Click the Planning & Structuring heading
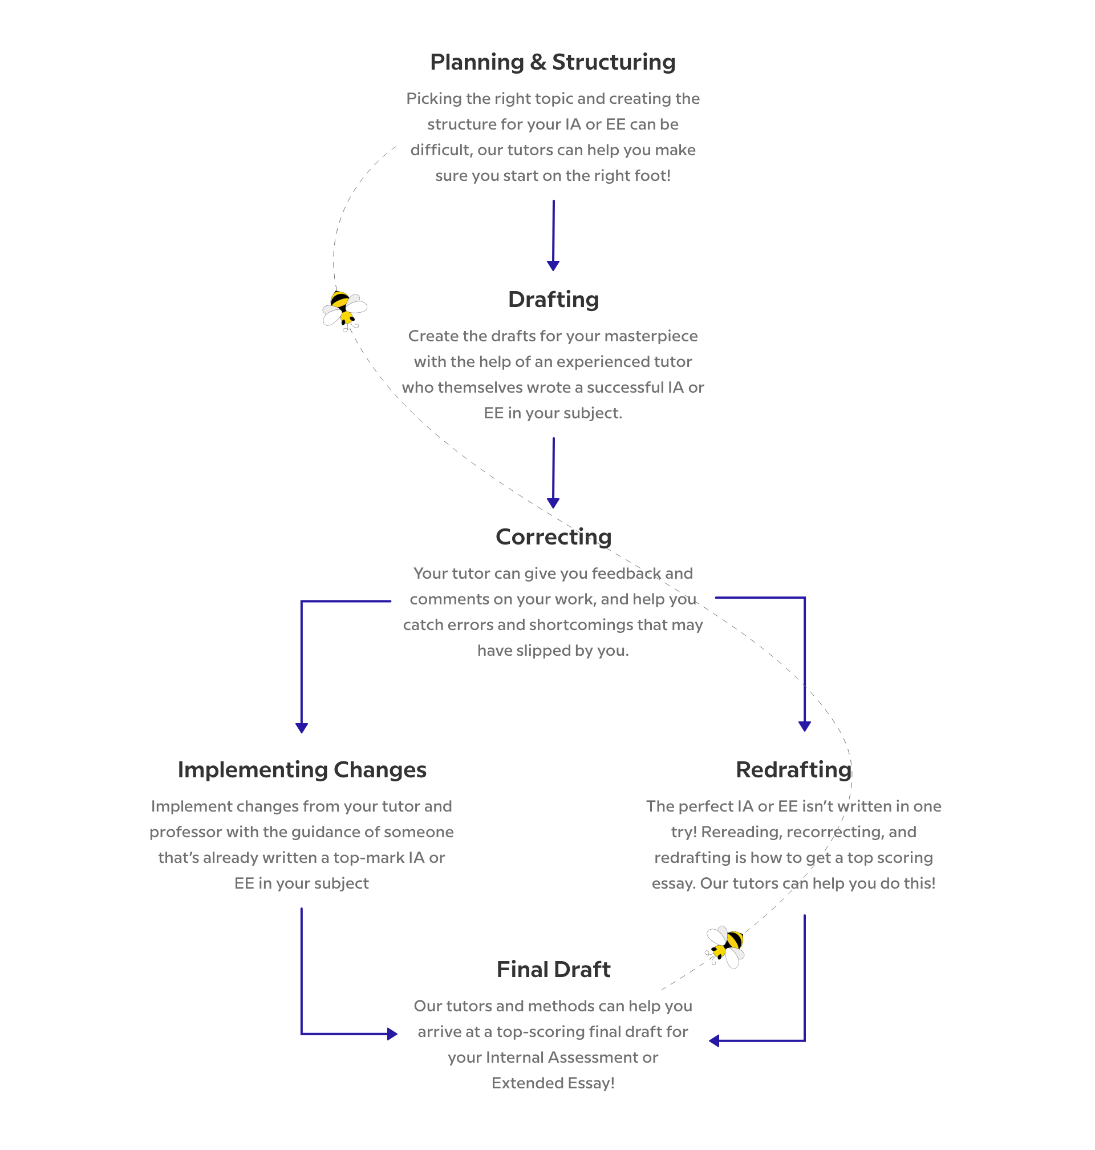coord(553,62)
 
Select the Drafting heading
coord(553,300)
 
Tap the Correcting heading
coord(553,536)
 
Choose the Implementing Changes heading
coord(302,770)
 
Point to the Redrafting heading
coord(794,770)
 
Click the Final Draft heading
coord(553,970)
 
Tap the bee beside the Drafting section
coord(344,309)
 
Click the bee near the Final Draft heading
coord(725,946)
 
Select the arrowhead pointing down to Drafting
coord(553,266)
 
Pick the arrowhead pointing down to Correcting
coord(553,503)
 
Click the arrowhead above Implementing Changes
coord(302,728)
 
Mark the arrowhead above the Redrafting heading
coord(804,727)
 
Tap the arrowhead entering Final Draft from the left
coord(393,1034)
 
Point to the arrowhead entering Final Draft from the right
coord(714,1041)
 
